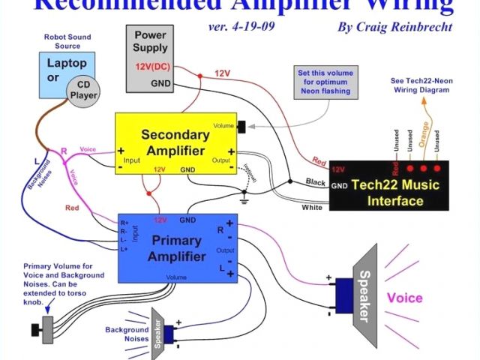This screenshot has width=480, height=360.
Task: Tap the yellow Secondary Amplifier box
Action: [175, 143]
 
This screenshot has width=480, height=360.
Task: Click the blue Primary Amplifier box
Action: [177, 247]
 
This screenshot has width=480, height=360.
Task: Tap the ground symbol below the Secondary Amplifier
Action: [243, 199]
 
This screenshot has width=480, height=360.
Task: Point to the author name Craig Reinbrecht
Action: [396, 27]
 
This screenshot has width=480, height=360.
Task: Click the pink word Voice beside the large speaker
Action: [404, 298]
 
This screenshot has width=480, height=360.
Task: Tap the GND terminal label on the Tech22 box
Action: [339, 185]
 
